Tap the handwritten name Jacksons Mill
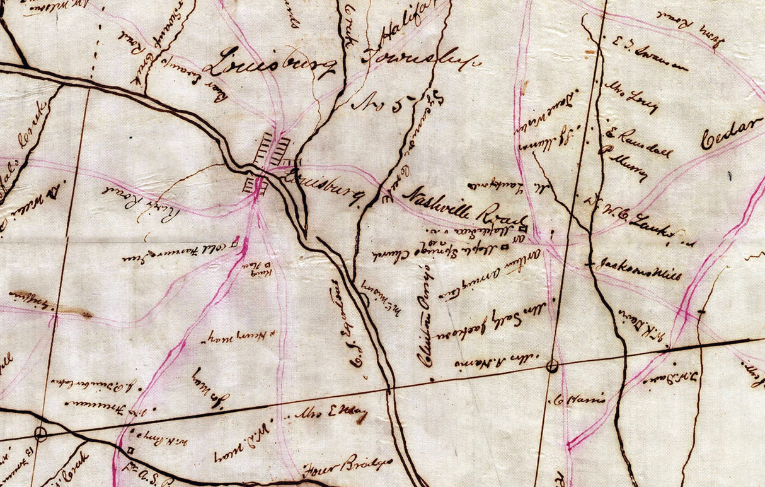click(638, 269)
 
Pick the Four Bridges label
click(347, 466)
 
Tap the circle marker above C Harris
click(553, 365)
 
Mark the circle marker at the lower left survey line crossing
click(41, 434)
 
